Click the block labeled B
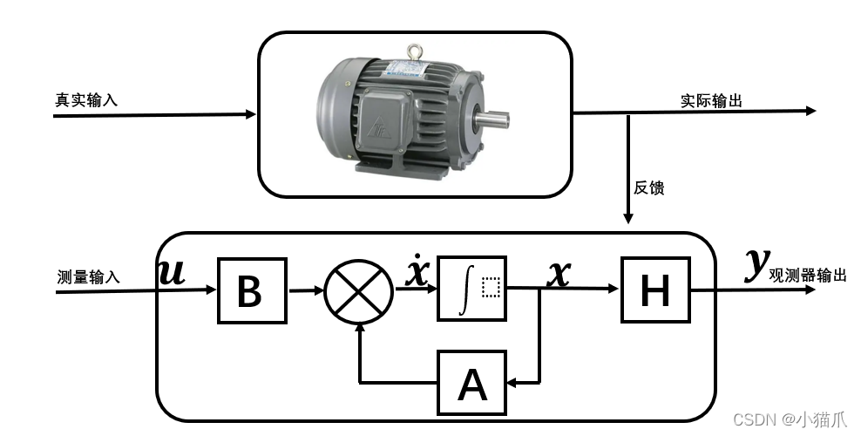(252, 290)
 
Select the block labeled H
(655, 290)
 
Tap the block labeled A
(471, 383)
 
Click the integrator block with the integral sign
(471, 289)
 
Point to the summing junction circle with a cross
(359, 291)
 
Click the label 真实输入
(86, 100)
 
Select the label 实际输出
(711, 100)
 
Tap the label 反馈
(649, 187)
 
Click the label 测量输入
(88, 276)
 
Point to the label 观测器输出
(807, 275)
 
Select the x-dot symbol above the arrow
(417, 270)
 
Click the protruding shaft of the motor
(492, 119)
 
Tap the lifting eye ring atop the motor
(415, 52)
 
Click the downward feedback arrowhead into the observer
(628, 218)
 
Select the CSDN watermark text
(790, 419)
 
